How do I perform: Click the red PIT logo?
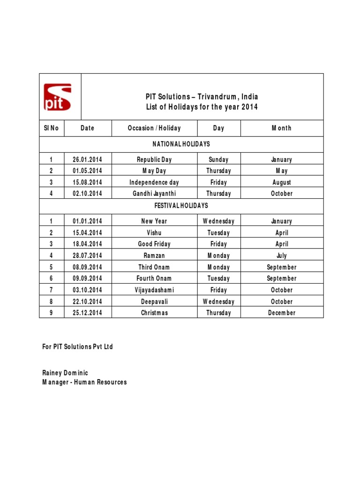[58, 97]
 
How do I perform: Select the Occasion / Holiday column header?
[154, 128]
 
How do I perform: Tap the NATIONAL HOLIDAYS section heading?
[181, 144]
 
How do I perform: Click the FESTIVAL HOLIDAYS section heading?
[181, 205]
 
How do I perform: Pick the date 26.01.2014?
[88, 160]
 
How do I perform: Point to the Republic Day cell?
[154, 160]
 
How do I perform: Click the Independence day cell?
[154, 182]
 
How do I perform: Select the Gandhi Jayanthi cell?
[154, 194]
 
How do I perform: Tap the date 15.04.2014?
[88, 232]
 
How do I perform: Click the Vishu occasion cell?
[154, 232]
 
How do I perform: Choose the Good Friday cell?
[154, 244]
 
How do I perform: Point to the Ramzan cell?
[154, 255]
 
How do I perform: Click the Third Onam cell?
[154, 267]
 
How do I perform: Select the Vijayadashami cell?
[154, 290]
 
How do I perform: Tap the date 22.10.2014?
[88, 301]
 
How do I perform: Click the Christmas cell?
[154, 313]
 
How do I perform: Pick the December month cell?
[282, 313]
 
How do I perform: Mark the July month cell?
[282, 255]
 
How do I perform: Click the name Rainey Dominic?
[65, 373]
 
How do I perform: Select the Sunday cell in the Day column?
[218, 160]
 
